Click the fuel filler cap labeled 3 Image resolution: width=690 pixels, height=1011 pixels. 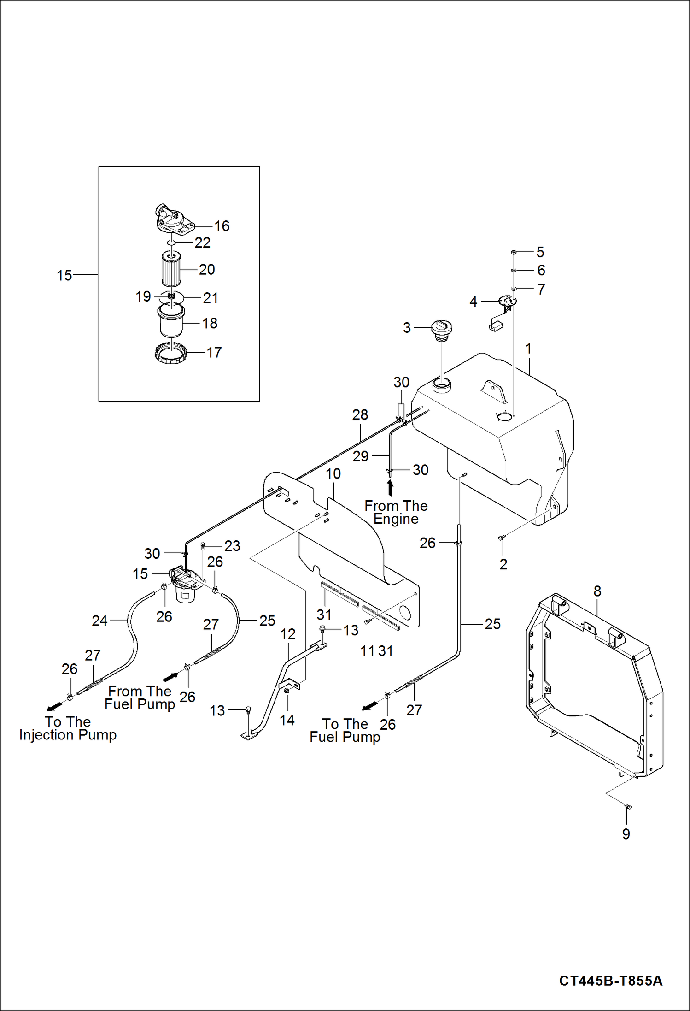tap(441, 329)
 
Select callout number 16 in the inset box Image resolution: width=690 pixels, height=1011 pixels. tap(222, 226)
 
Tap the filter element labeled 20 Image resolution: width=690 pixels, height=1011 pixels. tap(171, 268)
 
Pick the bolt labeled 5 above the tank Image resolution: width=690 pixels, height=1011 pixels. tap(514, 252)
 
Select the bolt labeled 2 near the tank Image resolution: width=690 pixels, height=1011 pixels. tap(502, 538)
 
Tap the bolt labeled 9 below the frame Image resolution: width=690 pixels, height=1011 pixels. tap(627, 806)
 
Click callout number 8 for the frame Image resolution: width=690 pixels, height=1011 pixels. tap(597, 591)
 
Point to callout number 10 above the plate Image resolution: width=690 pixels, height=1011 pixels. tap(333, 473)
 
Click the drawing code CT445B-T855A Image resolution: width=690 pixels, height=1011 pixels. tap(610, 980)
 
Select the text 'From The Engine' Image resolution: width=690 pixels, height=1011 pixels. tap(396, 512)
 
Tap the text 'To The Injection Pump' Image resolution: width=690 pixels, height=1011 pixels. tap(68, 728)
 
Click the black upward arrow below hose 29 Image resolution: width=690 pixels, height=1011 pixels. tap(390, 488)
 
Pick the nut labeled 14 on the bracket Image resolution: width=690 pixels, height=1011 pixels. tap(287, 691)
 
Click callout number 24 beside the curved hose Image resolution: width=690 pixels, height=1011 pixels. tap(99, 621)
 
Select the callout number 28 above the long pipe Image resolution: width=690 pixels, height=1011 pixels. tap(360, 414)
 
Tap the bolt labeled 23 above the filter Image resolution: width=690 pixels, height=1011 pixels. tap(203, 546)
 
